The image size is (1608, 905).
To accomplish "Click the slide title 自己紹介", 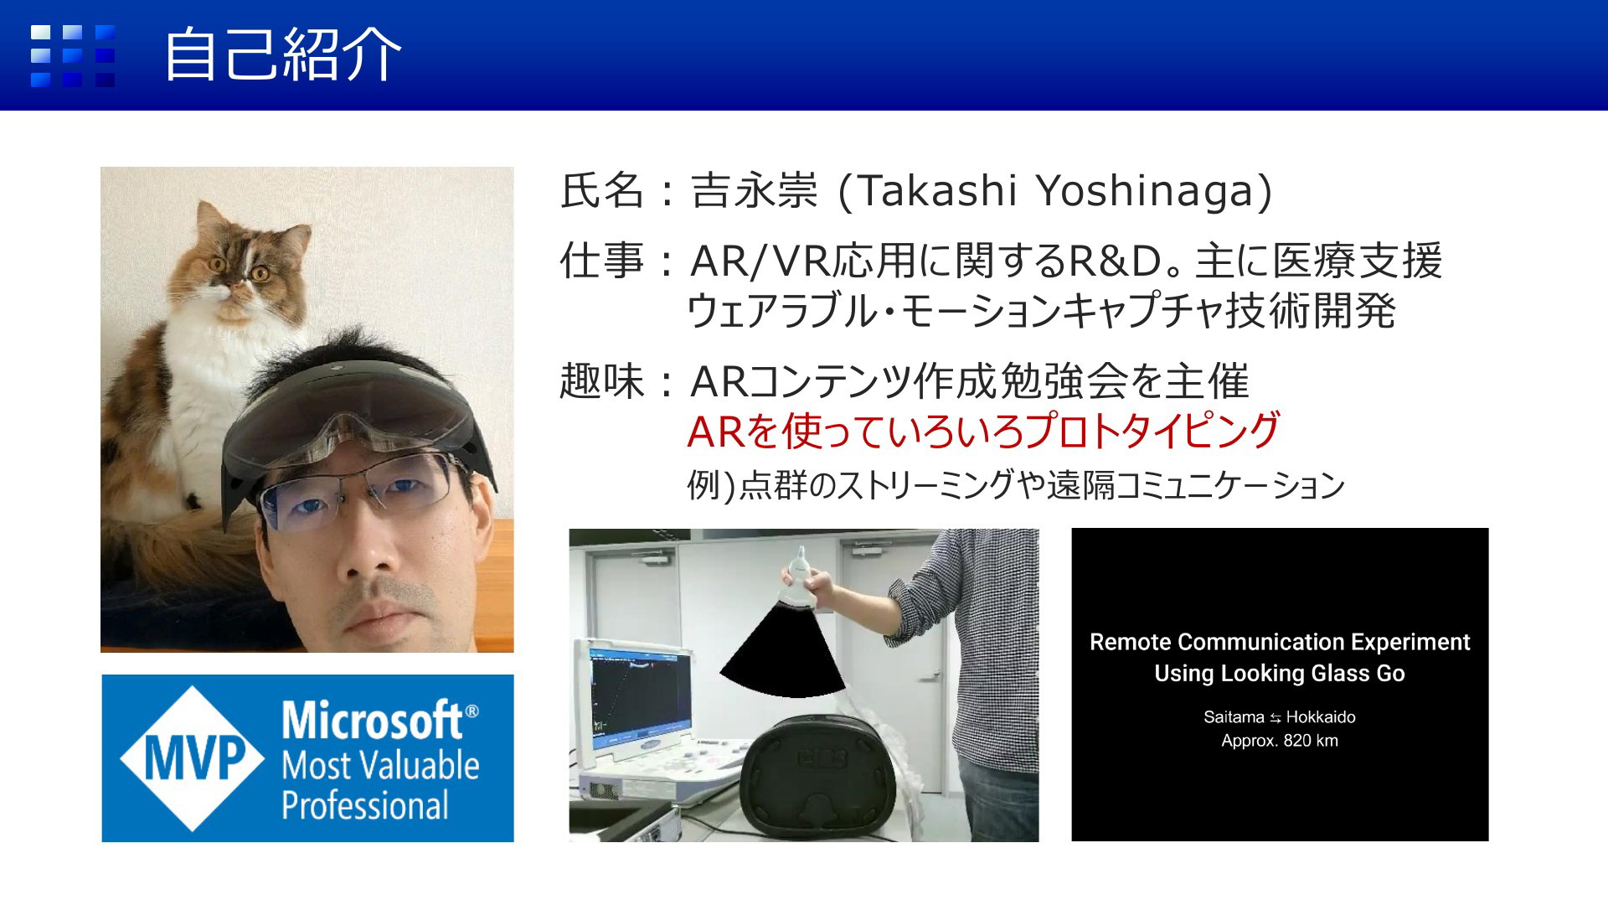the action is pos(283,55).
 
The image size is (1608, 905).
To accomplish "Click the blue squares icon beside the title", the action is pos(73,56).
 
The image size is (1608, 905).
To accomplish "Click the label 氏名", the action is pos(601,191).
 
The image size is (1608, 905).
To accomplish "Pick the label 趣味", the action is pos(601,382).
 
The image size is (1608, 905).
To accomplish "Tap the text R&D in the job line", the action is pos(1112,261).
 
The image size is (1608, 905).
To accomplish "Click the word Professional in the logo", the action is pos(365,805).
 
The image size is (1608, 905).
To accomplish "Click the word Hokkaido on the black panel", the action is pos(1321,717).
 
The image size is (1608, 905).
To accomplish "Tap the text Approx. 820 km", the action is pos(1280,741).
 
